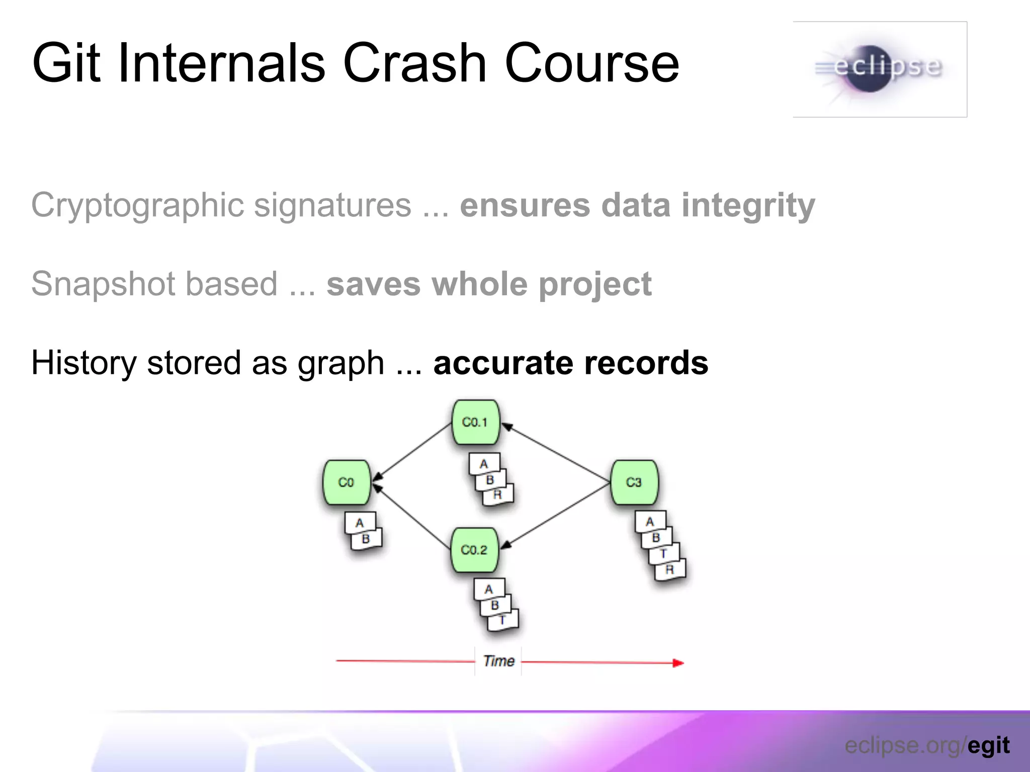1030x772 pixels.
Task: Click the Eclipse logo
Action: point(880,69)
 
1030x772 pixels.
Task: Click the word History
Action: point(83,363)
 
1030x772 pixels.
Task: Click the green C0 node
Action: point(347,482)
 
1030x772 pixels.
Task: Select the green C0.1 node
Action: point(475,422)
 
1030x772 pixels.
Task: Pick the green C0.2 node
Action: point(474,550)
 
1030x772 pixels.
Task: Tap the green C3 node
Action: point(634,482)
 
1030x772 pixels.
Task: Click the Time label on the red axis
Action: point(498,661)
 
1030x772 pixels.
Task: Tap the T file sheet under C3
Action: point(664,554)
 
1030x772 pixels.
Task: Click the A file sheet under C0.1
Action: point(484,463)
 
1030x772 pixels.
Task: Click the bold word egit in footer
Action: point(988,745)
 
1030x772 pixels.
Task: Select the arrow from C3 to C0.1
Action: point(556,452)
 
